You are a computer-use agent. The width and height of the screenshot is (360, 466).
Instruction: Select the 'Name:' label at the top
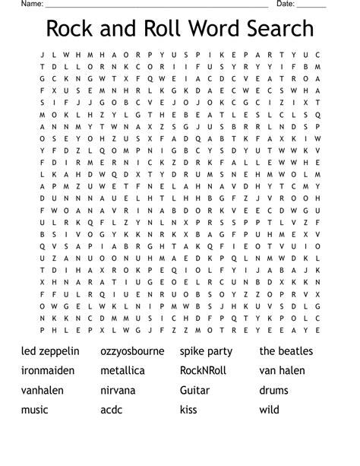tap(31, 4)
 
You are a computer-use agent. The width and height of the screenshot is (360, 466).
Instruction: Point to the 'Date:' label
tap(286, 4)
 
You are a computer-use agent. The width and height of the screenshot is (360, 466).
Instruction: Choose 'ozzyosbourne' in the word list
tap(134, 351)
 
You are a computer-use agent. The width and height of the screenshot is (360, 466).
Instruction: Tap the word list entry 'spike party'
tap(206, 351)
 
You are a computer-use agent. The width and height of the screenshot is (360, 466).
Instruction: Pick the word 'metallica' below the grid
tap(122, 371)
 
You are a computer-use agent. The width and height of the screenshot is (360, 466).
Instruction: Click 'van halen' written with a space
tap(282, 371)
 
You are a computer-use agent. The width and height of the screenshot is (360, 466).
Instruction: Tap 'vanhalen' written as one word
tap(43, 391)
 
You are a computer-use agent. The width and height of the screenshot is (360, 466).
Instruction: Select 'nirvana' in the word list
tap(118, 391)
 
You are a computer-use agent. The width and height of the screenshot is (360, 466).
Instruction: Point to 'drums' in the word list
tap(273, 391)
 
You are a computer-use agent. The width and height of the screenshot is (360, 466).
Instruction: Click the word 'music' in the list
tap(35, 411)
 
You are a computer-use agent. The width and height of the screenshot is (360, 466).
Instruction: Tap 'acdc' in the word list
tap(111, 411)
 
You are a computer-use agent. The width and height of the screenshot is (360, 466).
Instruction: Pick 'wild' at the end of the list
tap(270, 411)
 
